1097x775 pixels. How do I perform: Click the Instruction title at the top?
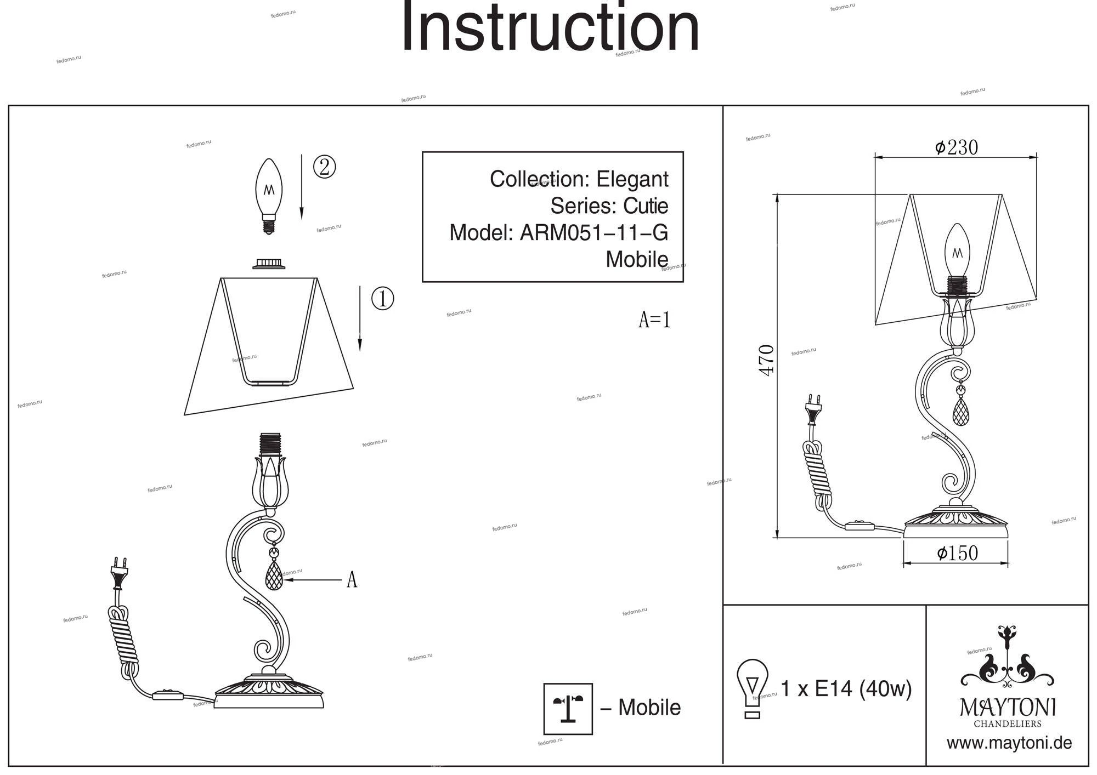tap(550, 29)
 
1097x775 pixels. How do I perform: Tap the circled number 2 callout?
tap(324, 167)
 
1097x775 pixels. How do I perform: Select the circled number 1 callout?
tap(382, 299)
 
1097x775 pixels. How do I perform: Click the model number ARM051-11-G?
tap(593, 233)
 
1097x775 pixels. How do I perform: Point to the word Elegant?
tap(632, 179)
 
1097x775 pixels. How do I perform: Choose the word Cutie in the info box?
tap(646, 206)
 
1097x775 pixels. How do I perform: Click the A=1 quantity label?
tap(654, 320)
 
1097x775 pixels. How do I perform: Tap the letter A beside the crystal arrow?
tap(352, 579)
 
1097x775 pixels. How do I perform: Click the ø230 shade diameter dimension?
tap(956, 147)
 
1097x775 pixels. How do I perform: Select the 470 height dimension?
tap(767, 360)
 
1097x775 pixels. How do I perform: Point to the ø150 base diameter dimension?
tap(957, 553)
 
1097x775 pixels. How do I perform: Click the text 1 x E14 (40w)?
tap(846, 688)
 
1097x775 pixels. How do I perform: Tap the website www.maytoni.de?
tap(1009, 743)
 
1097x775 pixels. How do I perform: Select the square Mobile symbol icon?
tap(568, 708)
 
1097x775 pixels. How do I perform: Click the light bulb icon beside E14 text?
tap(752, 688)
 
